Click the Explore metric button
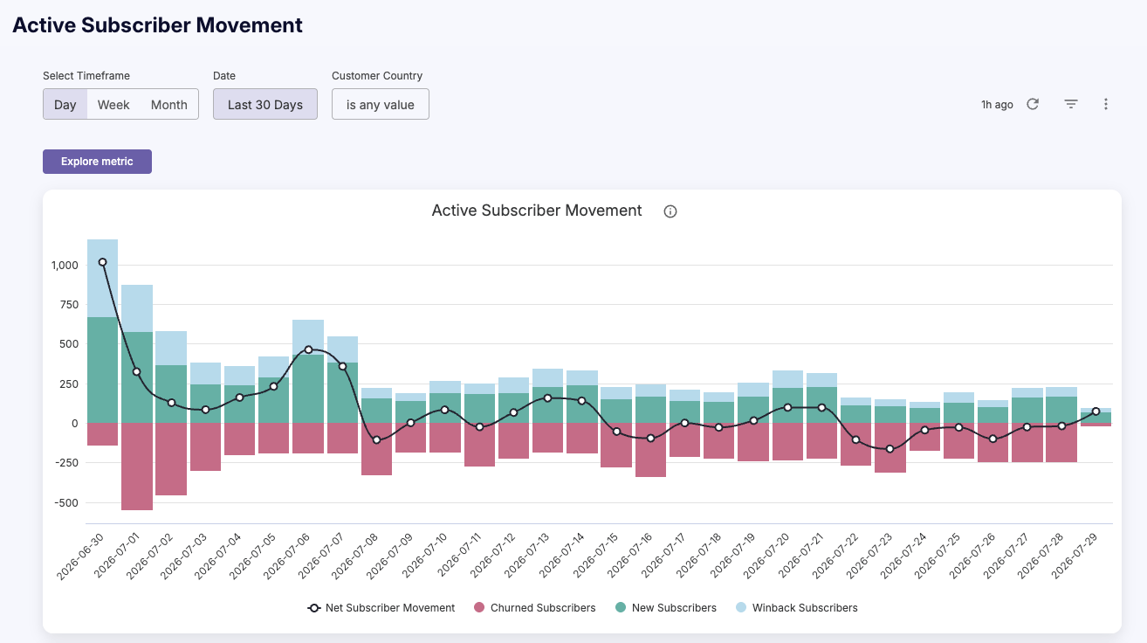pyautogui.click(x=97, y=162)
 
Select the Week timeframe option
pyautogui.click(x=113, y=105)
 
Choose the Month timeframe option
pyautogui.click(x=169, y=105)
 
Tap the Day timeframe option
pyautogui.click(x=65, y=105)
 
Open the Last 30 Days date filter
pyautogui.click(x=265, y=105)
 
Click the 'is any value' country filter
pyautogui.click(x=381, y=105)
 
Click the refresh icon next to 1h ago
pyautogui.click(x=1033, y=104)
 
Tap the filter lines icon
pyautogui.click(x=1071, y=104)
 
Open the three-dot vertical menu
pyautogui.click(x=1106, y=104)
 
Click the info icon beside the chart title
pyautogui.click(x=670, y=211)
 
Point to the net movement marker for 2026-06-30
pyautogui.click(x=102, y=262)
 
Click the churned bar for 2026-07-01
pyautogui.click(x=137, y=467)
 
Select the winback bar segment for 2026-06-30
pyautogui.click(x=102, y=278)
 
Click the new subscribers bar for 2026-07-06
pyautogui.click(x=308, y=389)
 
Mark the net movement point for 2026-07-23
pyautogui.click(x=890, y=449)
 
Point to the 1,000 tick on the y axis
pyautogui.click(x=65, y=266)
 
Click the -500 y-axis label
pyautogui.click(x=66, y=503)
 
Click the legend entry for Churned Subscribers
pyautogui.click(x=534, y=608)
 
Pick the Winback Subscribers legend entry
pyautogui.click(x=796, y=608)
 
